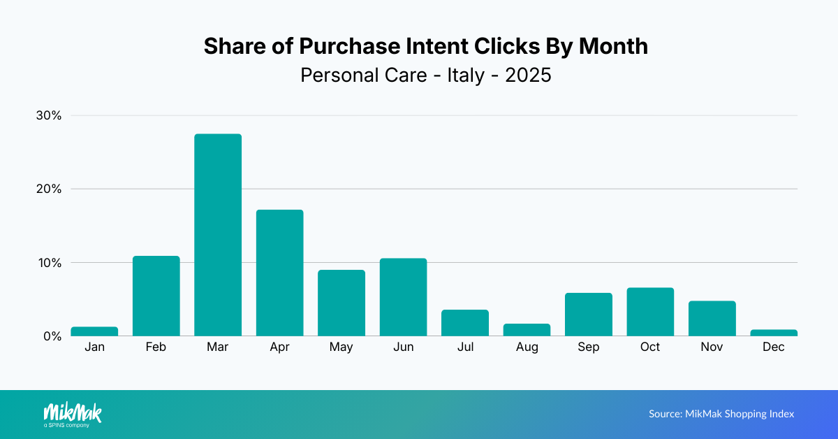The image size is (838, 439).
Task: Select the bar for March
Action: (x=218, y=235)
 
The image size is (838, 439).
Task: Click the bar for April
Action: (x=279, y=273)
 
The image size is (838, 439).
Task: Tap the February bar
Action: (x=156, y=296)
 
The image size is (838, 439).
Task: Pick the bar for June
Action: (x=403, y=297)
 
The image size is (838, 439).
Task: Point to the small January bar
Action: (x=94, y=331)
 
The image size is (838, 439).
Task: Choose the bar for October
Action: (x=650, y=312)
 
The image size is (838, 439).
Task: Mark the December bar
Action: (x=774, y=333)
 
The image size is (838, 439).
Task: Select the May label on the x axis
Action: (x=341, y=347)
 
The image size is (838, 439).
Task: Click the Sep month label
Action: (x=589, y=347)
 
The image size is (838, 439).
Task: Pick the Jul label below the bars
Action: (x=465, y=347)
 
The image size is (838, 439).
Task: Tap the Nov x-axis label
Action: (x=712, y=347)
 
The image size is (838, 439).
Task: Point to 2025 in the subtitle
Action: (x=528, y=75)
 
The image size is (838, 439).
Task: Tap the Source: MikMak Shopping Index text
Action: (x=721, y=414)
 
